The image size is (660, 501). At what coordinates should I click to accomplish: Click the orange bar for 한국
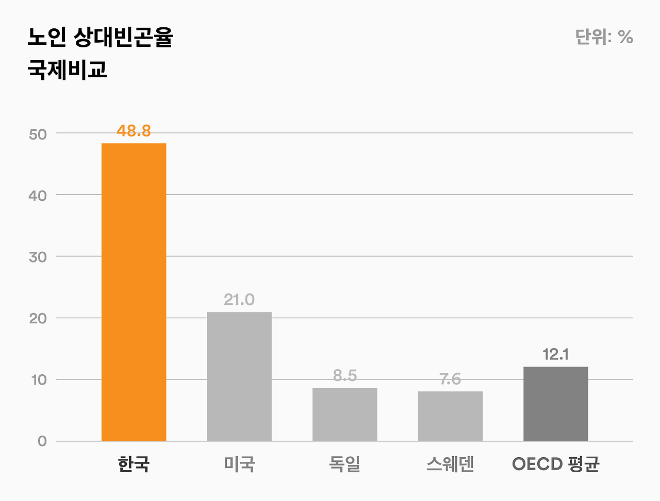coord(134,292)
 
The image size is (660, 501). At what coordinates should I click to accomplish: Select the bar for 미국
coord(239,376)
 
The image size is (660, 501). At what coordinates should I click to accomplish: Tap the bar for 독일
coord(344,414)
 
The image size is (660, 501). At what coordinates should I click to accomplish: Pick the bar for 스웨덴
coord(450,416)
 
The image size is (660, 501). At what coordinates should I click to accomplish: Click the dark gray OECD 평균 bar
coord(555,404)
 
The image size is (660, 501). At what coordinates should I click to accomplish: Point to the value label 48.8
coord(134,131)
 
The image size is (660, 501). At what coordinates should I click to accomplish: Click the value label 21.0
coord(239,300)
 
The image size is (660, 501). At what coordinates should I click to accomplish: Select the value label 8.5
coord(344,376)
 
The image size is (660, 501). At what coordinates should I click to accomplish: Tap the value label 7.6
coord(450,379)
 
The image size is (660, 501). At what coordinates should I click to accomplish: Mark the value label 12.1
coord(555,355)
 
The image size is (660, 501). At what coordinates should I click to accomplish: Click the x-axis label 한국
coord(134,464)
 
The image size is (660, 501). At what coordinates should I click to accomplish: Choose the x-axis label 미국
coord(239,464)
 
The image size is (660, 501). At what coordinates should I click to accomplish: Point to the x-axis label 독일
coord(344,464)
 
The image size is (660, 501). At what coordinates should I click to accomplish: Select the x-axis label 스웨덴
coord(450,464)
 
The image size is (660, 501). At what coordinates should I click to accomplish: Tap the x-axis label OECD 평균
coord(555,464)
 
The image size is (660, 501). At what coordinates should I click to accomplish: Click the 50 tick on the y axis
coord(38,134)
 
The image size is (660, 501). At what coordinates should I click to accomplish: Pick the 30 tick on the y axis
coord(38,257)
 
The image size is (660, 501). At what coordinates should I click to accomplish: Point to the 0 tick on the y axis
coord(42,441)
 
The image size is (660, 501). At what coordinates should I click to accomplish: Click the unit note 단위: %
coord(604,37)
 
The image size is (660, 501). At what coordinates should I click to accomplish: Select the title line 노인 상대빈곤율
coord(100,38)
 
